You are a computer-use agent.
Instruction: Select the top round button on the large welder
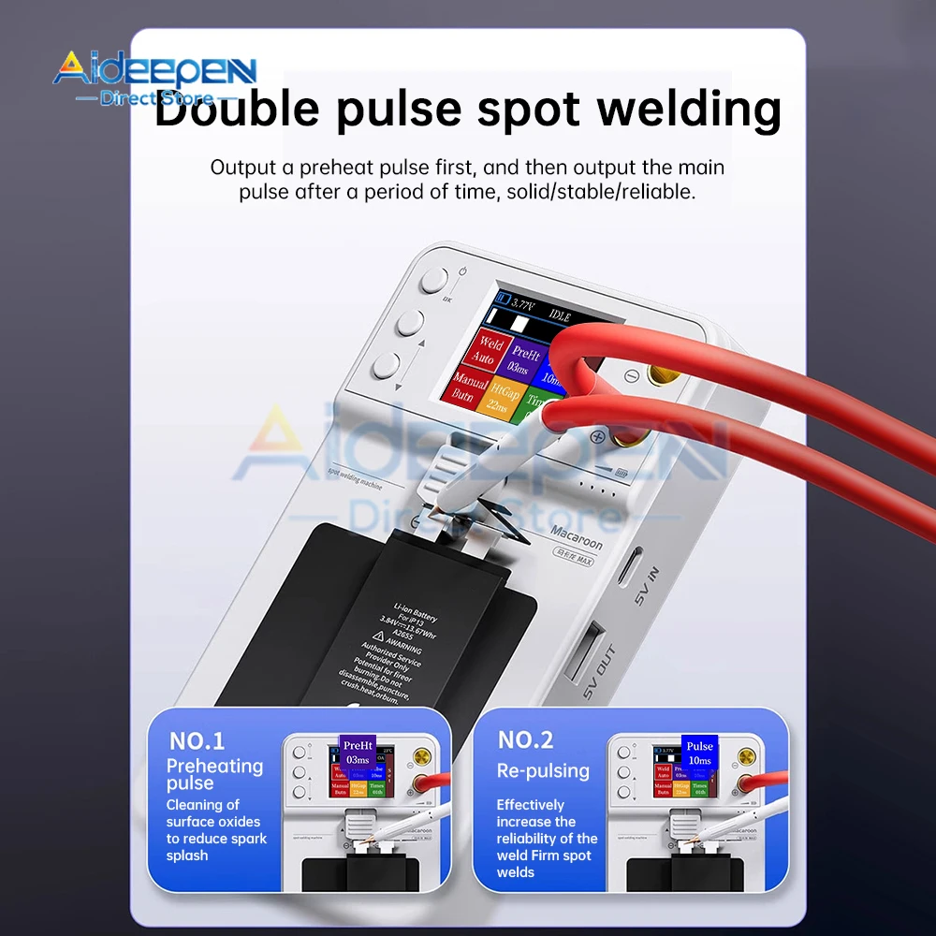point(434,281)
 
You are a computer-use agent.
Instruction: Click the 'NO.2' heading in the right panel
point(525,740)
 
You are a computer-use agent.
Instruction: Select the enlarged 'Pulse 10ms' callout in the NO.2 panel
point(699,753)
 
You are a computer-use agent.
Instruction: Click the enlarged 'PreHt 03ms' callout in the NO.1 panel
point(358,752)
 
